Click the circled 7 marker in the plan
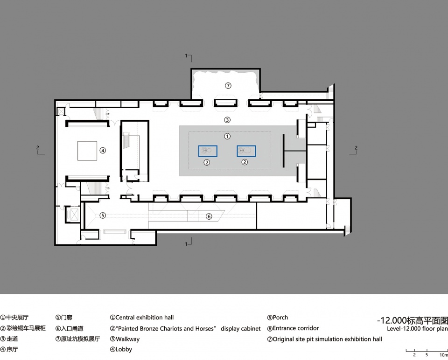[228, 85]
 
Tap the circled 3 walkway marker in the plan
[227, 120]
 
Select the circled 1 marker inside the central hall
[227, 136]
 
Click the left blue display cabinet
[208, 151]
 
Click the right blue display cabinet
[246, 151]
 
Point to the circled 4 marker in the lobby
[103, 150]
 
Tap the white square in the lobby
[87, 151]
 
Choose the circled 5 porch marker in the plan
[103, 215]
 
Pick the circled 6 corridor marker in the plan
[209, 216]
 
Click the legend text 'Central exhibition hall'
[145, 318]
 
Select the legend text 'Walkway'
[127, 339]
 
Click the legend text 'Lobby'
[124, 349]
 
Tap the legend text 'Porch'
[280, 318]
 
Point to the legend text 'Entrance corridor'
[296, 328]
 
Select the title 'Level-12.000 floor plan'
[417, 329]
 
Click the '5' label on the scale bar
[427, 355]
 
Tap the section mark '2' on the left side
[38, 148]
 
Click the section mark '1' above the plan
[186, 55]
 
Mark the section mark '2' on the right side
[356, 148]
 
